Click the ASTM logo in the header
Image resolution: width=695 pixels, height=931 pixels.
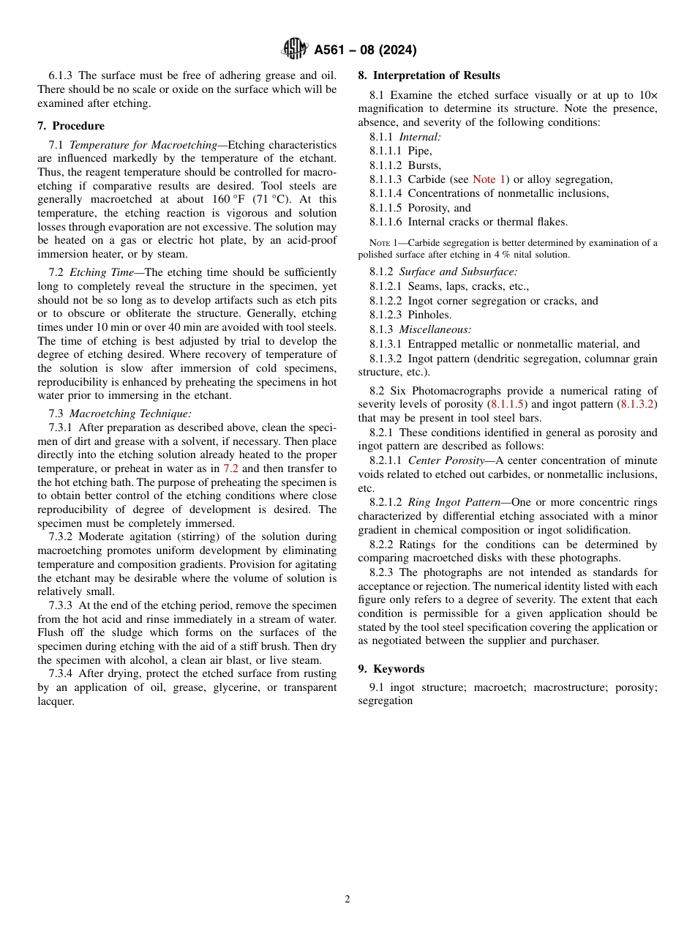click(x=294, y=50)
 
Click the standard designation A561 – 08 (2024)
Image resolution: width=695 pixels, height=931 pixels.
click(x=365, y=51)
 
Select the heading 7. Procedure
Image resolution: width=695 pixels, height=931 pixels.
click(x=71, y=126)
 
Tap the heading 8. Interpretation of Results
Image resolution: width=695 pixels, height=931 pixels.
click(x=429, y=75)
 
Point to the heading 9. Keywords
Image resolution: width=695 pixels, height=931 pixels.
click(x=391, y=669)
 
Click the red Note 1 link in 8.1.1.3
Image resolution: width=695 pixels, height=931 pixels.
click(x=489, y=179)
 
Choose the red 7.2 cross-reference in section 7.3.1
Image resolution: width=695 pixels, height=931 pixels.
click(x=230, y=468)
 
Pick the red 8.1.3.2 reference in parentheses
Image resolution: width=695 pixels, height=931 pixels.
click(x=637, y=404)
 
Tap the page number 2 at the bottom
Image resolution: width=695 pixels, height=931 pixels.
click(x=347, y=900)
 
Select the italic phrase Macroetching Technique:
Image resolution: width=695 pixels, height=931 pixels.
click(x=130, y=414)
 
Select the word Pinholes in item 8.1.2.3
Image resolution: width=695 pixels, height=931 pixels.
click(x=429, y=315)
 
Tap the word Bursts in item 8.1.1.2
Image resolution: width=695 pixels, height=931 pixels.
click(x=424, y=165)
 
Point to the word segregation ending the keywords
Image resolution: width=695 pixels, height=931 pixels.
click(x=385, y=700)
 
